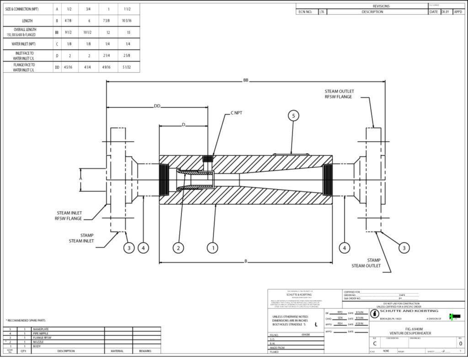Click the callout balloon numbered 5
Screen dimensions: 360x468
(294, 116)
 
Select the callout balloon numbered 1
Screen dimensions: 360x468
(212, 248)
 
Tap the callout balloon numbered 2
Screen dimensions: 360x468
(179, 248)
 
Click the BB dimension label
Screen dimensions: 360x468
(246, 80)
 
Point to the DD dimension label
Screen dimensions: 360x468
(157, 106)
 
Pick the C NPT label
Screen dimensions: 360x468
(236, 112)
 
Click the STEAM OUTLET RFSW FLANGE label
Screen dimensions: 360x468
(339, 94)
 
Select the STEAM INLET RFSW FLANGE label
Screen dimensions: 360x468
(69, 216)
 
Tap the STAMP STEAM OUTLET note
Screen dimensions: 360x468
(366, 263)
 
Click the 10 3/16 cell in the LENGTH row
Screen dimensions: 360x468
(126, 21)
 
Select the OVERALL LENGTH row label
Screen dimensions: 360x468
(27, 32)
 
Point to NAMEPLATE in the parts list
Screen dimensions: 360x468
(41, 329)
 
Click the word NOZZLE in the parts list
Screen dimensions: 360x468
(38, 341)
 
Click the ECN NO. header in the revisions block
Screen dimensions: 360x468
(305, 12)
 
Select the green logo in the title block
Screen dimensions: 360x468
(455, 317)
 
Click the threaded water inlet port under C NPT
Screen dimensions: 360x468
(207, 159)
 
